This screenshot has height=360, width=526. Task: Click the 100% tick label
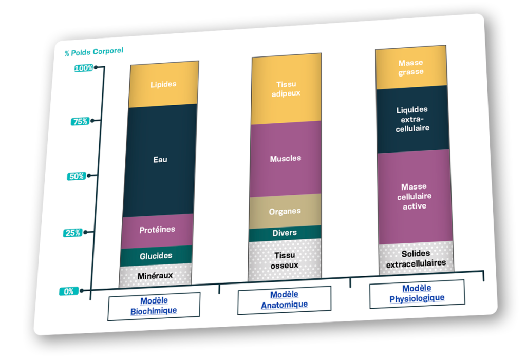click(84, 68)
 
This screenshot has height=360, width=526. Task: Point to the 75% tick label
click(80, 122)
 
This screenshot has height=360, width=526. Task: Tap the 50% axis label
click(76, 176)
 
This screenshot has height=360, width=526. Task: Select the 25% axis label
click(72, 233)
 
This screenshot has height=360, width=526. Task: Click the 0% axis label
click(69, 291)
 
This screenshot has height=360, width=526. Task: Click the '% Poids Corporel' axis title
click(93, 52)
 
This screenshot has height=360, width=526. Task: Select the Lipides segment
click(163, 84)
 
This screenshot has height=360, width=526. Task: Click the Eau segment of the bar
click(160, 160)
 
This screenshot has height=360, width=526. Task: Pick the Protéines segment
click(157, 230)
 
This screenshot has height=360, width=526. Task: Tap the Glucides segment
click(156, 255)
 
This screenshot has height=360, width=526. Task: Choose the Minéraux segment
click(155, 276)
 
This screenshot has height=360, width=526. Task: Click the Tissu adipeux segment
click(286, 89)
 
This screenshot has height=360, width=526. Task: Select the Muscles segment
click(286, 158)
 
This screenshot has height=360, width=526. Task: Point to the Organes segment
click(285, 211)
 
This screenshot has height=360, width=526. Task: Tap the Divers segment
click(285, 233)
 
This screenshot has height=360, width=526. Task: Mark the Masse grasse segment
click(411, 68)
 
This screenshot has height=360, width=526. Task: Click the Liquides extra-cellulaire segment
click(412, 119)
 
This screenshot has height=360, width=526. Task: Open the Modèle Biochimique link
click(154, 306)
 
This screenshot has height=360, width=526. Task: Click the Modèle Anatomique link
click(284, 300)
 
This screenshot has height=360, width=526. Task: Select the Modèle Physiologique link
click(417, 294)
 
